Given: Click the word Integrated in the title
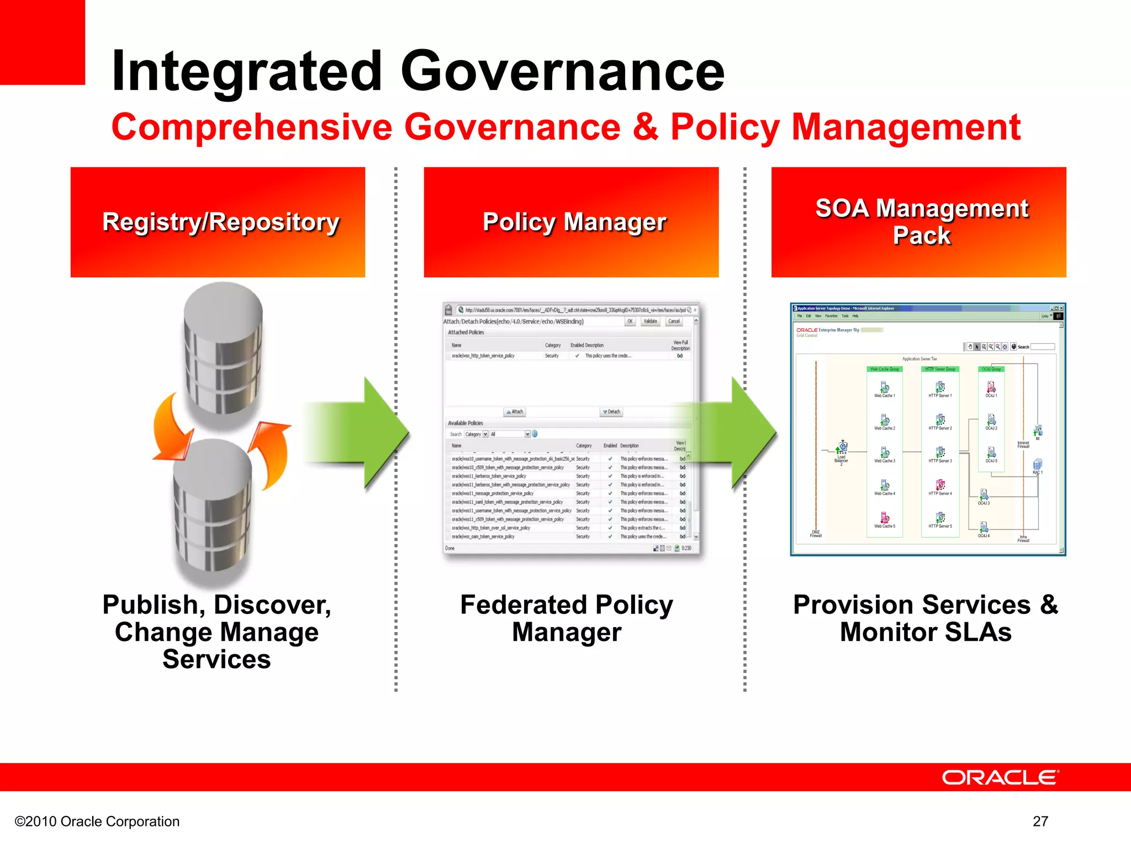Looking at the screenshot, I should point(247,72).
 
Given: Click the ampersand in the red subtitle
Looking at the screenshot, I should point(645,127).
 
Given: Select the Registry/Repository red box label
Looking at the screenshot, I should point(220,222).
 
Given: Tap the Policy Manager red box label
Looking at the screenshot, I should point(574,222).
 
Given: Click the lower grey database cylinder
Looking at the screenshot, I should point(213,511).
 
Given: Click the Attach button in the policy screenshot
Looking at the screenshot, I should point(515,412).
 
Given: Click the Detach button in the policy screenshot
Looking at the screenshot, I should point(611,412).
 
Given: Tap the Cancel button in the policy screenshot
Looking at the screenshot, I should point(674,321).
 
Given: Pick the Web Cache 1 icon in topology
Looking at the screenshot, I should point(885,388).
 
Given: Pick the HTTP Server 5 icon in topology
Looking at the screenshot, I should point(940,518).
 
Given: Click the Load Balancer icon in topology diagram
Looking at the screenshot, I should point(843,447).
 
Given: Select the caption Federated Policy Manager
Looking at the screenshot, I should point(567,618).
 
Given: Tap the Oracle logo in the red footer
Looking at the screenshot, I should point(1000,777).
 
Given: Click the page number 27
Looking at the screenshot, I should point(1040,821).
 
